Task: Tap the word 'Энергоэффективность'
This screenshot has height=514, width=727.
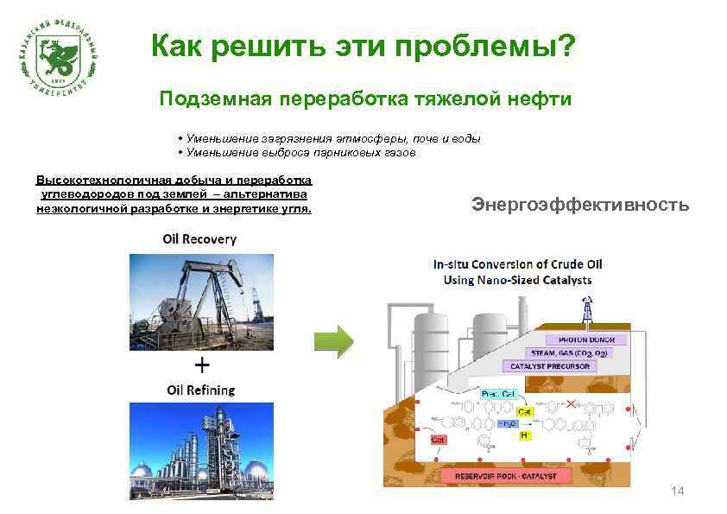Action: (x=580, y=205)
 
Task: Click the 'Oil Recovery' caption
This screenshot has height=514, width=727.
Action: (x=199, y=238)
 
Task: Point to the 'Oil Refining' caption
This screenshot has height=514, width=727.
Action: (x=200, y=390)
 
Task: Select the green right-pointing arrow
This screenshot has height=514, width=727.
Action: (x=333, y=341)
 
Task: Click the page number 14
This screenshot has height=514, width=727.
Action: (x=677, y=492)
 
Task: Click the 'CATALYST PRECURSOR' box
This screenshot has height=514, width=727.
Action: (x=551, y=366)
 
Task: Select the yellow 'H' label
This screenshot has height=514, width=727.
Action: (x=523, y=436)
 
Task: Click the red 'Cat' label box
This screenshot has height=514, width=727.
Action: (x=439, y=440)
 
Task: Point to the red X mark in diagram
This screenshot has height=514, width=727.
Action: (x=571, y=403)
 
